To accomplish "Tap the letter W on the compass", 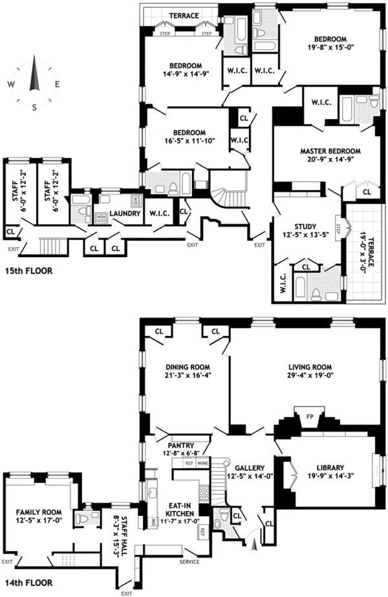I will tap(11, 84).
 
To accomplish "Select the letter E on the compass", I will tap(58, 84).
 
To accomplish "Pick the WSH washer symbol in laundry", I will tap(102, 217).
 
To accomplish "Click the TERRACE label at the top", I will tap(184, 16).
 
